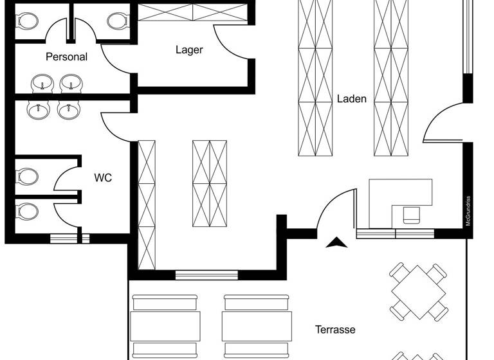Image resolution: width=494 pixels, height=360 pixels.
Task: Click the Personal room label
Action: (x=66, y=57)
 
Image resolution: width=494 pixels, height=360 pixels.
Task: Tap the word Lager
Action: (x=189, y=50)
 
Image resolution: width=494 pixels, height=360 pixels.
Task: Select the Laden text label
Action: (x=352, y=99)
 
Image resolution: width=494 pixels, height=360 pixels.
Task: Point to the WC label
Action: (x=103, y=177)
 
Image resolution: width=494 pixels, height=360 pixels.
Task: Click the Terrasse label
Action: (x=335, y=330)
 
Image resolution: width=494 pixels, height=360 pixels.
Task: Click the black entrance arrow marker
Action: (x=337, y=243)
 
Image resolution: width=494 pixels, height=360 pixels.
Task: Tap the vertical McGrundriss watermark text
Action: (x=469, y=210)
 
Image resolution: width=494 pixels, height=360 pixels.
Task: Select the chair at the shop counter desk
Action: (x=410, y=215)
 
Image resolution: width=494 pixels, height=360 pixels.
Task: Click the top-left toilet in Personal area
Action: (x=27, y=21)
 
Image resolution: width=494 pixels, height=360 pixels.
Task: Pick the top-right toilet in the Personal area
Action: (x=117, y=21)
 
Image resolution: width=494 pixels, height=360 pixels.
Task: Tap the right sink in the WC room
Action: (x=68, y=110)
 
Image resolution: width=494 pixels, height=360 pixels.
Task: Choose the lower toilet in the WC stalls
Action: (x=27, y=211)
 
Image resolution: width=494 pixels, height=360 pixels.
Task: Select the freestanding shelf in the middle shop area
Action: (x=210, y=184)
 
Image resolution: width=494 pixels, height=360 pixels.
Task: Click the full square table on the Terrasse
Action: (x=418, y=292)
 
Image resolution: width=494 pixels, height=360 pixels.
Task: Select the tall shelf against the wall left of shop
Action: (x=147, y=204)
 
